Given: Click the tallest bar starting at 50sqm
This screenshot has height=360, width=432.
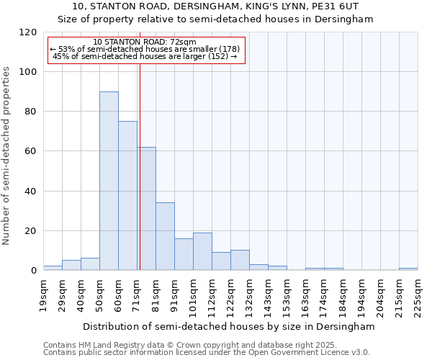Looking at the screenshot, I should coord(109,181).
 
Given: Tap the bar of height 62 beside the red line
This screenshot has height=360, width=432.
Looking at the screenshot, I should coord(147,209).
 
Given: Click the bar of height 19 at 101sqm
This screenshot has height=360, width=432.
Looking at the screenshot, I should coord(202,251).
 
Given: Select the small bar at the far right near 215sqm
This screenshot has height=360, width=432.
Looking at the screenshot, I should coord(408,269).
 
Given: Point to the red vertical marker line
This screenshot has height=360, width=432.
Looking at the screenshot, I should coord(140,166).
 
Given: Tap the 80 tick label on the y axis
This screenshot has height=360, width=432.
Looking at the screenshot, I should coord(30,112).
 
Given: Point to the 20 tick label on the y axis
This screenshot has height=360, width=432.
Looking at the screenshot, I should coord(30,231).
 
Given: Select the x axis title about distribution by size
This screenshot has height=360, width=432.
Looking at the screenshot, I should coord(229,326).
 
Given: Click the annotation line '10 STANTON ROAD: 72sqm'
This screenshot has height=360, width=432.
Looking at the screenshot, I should coord(145,42).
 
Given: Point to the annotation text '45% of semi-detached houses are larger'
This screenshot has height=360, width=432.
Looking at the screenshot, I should coord(145,57).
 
